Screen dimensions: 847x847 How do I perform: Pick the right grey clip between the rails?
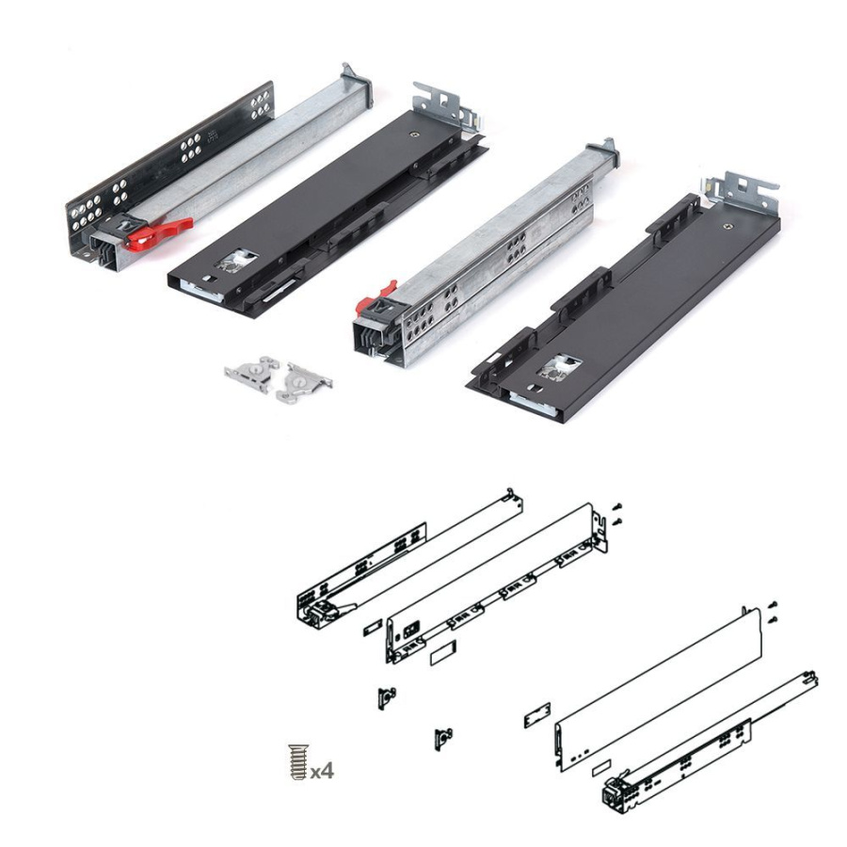click(x=305, y=381)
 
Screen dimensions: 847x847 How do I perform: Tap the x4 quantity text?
click(x=322, y=771)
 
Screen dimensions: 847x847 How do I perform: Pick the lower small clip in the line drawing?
click(x=442, y=738)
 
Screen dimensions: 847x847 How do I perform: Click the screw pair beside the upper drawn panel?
click(x=615, y=514)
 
